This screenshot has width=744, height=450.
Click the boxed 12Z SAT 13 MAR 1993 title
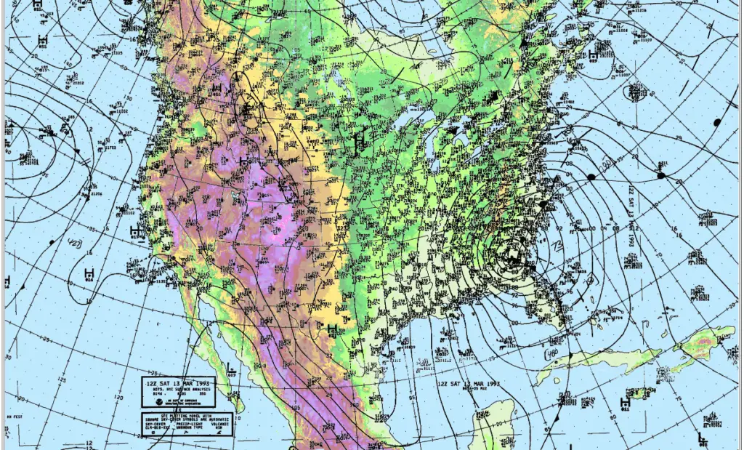pos(179,383)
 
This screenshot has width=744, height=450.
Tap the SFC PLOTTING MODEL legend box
pos(187,423)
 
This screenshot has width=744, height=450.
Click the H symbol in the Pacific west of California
pos(134,231)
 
